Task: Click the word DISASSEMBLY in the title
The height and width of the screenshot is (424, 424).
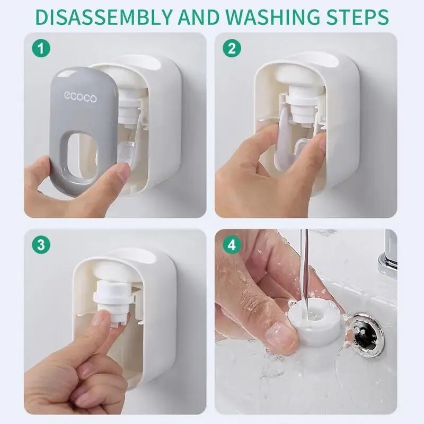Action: click(104, 17)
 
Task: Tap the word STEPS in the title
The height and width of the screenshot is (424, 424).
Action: click(357, 17)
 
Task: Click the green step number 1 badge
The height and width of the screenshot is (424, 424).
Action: click(41, 49)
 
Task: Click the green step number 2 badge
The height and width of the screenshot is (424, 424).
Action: click(232, 49)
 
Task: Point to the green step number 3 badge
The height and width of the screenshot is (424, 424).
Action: click(41, 245)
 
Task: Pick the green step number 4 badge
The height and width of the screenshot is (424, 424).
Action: click(232, 245)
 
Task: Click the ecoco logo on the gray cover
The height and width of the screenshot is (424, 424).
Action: click(81, 98)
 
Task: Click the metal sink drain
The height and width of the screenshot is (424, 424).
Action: click(365, 335)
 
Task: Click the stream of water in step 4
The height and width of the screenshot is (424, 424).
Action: click(304, 270)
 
